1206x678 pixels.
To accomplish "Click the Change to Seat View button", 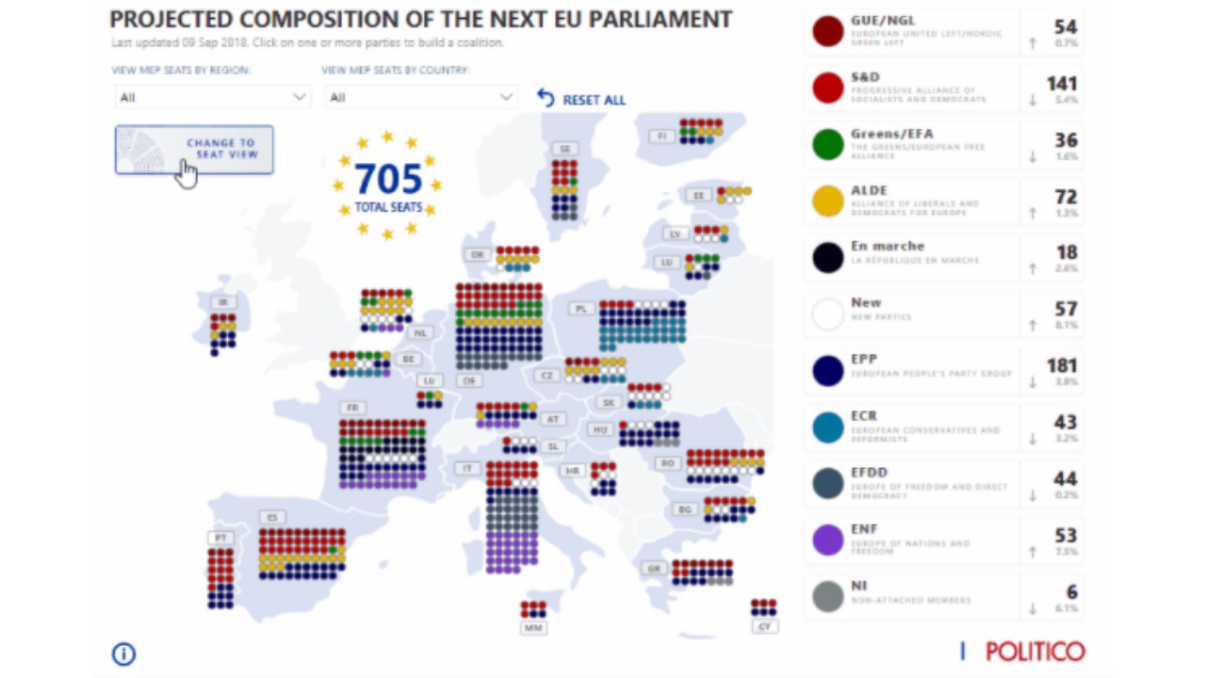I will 194,150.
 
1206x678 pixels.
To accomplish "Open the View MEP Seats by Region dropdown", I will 213,97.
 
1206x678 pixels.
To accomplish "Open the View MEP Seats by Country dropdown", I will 421,97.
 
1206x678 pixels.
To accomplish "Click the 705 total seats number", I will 387,177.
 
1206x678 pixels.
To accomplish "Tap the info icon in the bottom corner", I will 123,654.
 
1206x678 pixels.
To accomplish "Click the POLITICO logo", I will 1035,651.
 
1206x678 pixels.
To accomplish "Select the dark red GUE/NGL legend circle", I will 828,31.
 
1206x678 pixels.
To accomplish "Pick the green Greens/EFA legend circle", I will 828,144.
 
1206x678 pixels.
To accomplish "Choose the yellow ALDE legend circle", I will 828,201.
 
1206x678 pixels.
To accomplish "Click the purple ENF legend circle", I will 828,541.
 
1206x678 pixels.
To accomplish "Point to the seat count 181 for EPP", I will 1062,365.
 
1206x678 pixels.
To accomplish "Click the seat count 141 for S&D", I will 1062,84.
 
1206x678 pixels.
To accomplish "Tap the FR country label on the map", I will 352,408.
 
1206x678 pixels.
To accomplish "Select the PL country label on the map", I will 581,308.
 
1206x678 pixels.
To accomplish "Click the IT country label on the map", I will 465,468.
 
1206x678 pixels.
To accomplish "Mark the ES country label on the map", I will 272,517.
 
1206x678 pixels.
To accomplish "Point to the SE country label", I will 565,149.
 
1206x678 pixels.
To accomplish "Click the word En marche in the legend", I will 888,247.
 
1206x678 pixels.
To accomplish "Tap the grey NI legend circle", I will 828,597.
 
